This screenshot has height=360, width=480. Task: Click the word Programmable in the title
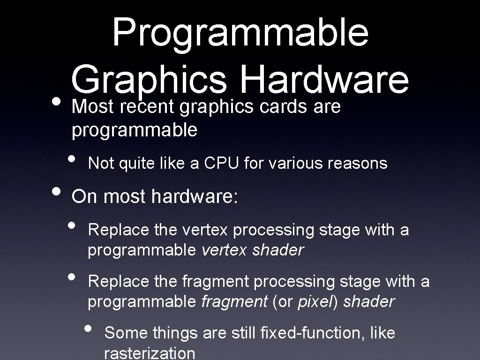click(x=240, y=33)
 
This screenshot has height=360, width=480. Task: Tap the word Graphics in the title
click(x=149, y=80)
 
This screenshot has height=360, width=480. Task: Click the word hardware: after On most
click(x=195, y=196)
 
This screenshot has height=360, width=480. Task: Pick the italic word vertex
click(x=224, y=250)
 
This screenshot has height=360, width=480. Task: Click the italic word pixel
click(x=314, y=302)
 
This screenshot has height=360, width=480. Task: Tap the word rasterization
click(x=150, y=352)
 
